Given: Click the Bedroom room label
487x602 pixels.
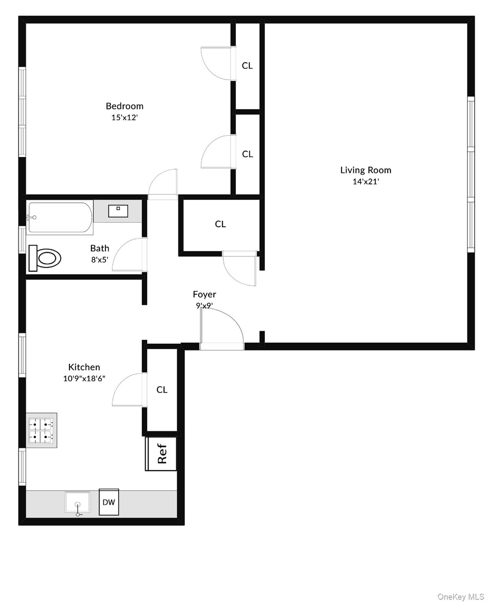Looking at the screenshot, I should pyautogui.click(x=124, y=106).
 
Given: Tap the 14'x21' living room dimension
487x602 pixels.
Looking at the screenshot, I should pyautogui.click(x=365, y=181).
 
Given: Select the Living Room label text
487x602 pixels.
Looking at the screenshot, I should pyautogui.click(x=365, y=170).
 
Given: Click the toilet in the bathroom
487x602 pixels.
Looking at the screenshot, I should pyautogui.click(x=45, y=258).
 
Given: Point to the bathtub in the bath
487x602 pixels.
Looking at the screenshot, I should pyautogui.click(x=60, y=218).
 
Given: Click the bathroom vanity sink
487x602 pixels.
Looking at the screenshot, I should pyautogui.click(x=118, y=210).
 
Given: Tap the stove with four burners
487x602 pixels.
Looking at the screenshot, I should pyautogui.click(x=42, y=430).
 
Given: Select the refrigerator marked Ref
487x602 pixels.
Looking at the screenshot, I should pyautogui.click(x=161, y=454).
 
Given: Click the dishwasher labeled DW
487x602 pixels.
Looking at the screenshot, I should pyautogui.click(x=109, y=502).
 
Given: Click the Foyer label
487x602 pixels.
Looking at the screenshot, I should pyautogui.click(x=204, y=294).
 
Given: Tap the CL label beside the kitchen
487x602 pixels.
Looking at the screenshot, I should pyautogui.click(x=162, y=390).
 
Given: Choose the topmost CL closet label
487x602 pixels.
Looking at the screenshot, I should pyautogui.click(x=247, y=66).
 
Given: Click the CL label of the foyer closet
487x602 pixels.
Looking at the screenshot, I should pyautogui.click(x=220, y=224).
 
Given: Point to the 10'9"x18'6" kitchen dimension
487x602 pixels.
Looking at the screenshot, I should pyautogui.click(x=84, y=379).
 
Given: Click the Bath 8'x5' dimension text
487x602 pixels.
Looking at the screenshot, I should pyautogui.click(x=100, y=259).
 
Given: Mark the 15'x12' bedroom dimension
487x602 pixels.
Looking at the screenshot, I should pyautogui.click(x=124, y=118).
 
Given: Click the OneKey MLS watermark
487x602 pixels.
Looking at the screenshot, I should pyautogui.click(x=460, y=596).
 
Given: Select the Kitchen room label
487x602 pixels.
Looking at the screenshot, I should pyautogui.click(x=84, y=367).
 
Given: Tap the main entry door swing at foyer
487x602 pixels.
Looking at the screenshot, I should pyautogui.click(x=222, y=325).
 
